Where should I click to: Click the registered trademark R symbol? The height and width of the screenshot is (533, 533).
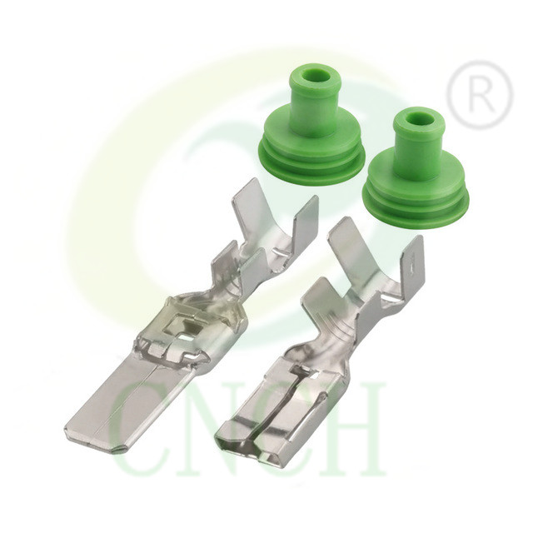(479, 95)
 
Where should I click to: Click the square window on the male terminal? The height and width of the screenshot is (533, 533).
(179, 328)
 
